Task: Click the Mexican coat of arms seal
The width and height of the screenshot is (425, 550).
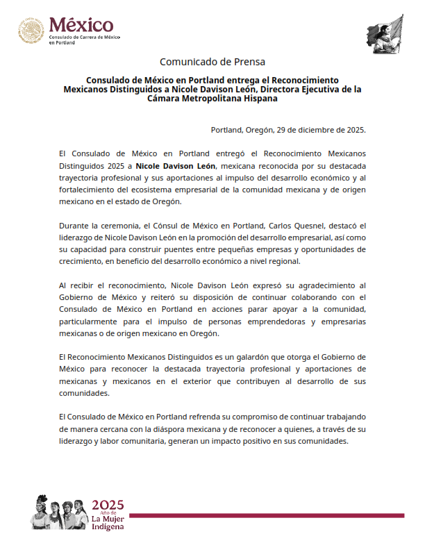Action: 31,31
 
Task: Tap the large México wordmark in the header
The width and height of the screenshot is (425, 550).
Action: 80,26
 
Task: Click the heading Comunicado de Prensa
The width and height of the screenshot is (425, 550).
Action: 212,62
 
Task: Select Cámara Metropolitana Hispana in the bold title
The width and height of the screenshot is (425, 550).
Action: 212,99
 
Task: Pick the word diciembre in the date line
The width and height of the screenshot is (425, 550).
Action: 306,130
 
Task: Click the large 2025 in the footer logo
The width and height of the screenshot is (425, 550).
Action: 108,504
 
